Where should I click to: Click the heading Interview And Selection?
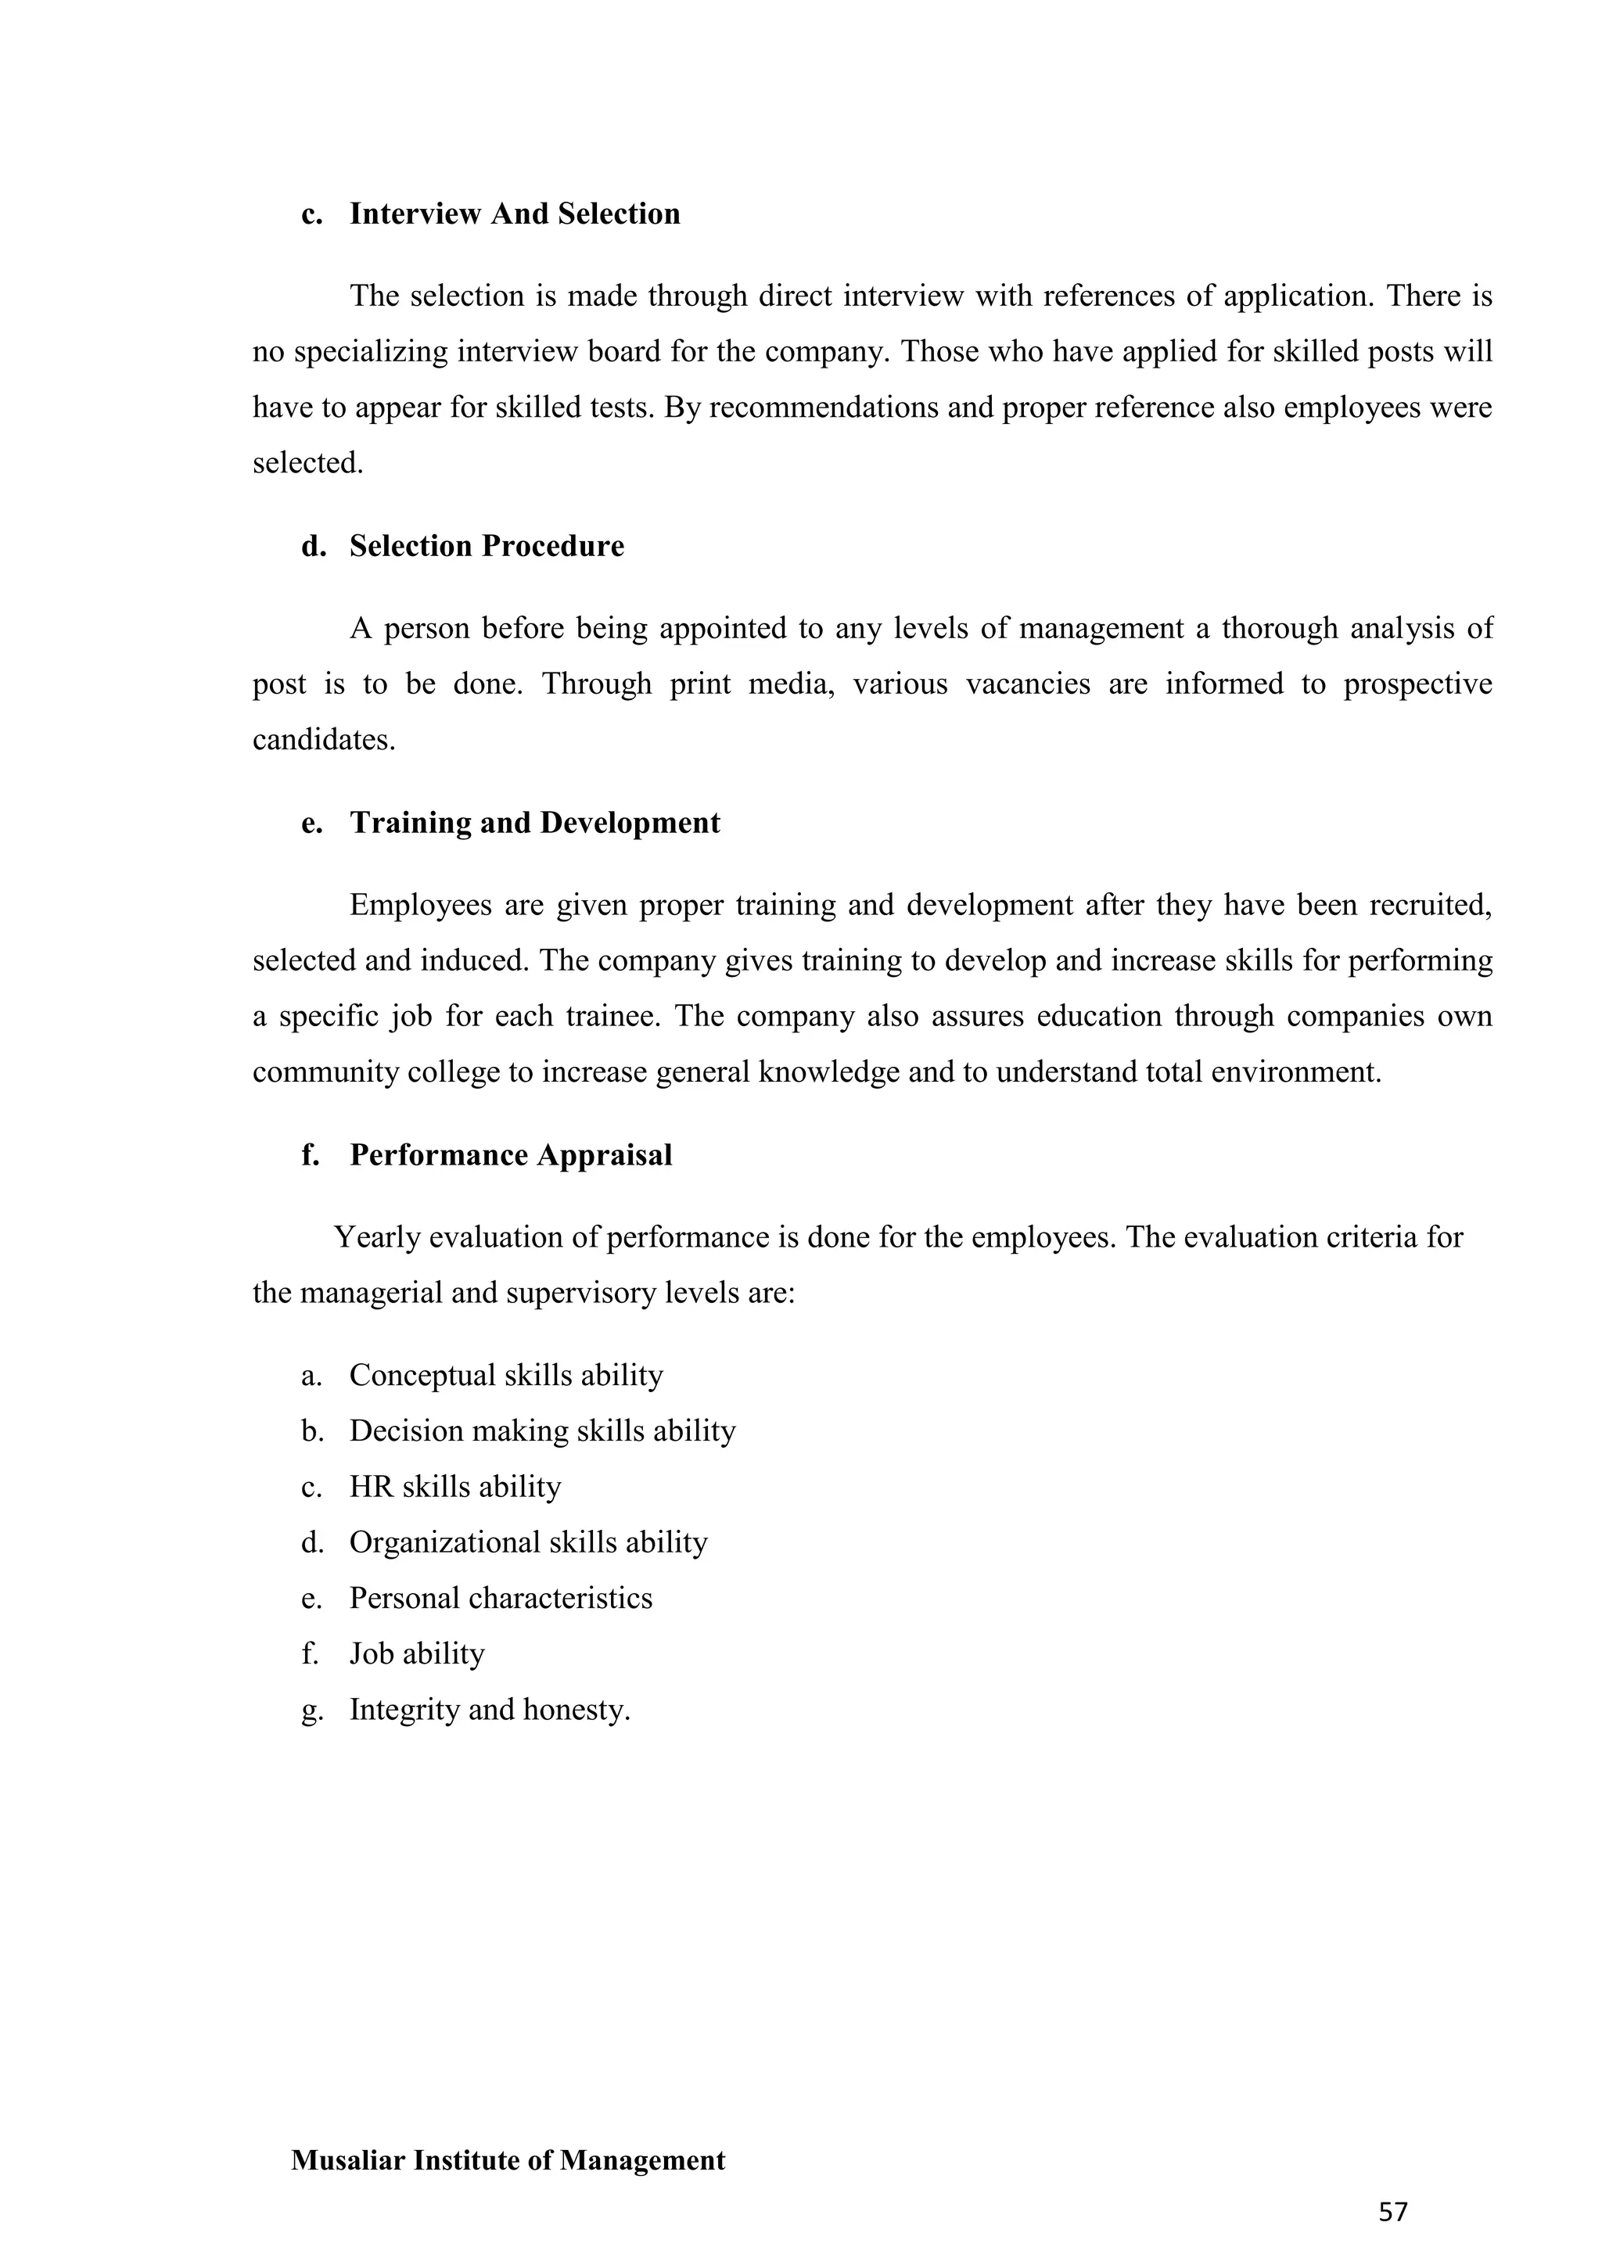pyautogui.click(x=514, y=214)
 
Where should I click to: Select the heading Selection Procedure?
pyautogui.click(x=487, y=547)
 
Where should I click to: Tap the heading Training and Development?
pyautogui.click(x=535, y=823)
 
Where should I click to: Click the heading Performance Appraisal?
pyautogui.click(x=510, y=1155)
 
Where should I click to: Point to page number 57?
pyautogui.click(x=1393, y=2212)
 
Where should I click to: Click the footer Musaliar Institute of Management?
pyautogui.click(x=508, y=2160)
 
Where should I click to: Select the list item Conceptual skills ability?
pyautogui.click(x=506, y=1375)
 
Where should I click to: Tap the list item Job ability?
pyautogui.click(x=416, y=1653)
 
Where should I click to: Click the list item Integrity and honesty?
pyautogui.click(x=489, y=1709)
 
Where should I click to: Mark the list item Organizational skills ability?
pyautogui.click(x=528, y=1542)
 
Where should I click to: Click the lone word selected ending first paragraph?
pyautogui.click(x=307, y=463)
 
